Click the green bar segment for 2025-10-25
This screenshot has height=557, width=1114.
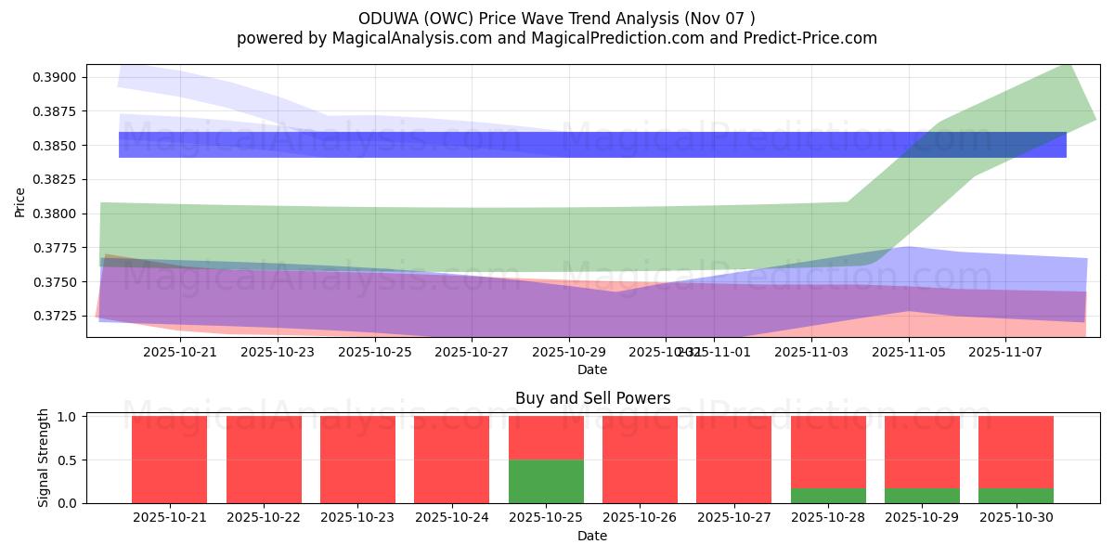click(546, 481)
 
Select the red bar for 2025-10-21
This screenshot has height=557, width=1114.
click(169, 460)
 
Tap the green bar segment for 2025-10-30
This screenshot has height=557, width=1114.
click(1016, 496)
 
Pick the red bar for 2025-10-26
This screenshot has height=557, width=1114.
click(640, 460)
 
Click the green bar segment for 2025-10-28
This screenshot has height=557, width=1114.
click(828, 496)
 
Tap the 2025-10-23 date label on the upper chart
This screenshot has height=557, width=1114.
click(278, 353)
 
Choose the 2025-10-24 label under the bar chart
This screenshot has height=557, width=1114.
click(451, 518)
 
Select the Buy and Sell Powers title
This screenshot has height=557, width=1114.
click(592, 398)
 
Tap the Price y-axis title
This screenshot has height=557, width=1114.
click(20, 201)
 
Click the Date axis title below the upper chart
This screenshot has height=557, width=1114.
click(592, 369)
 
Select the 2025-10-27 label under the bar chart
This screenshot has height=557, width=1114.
click(733, 518)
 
